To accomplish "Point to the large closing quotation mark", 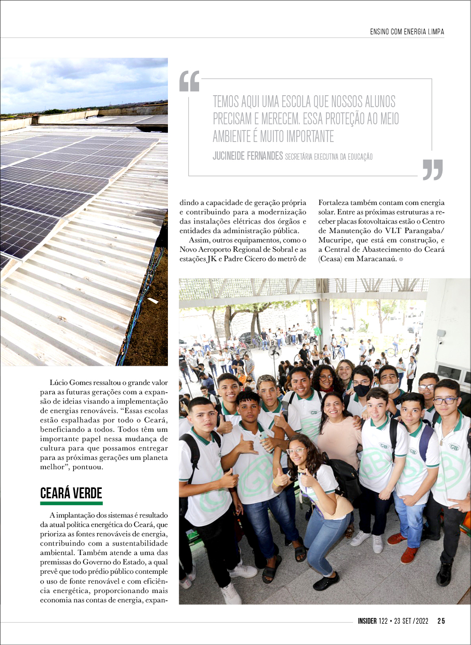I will coord(433,169).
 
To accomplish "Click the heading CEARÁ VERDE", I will coord(71,493).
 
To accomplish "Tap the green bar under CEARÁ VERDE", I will coord(71,504).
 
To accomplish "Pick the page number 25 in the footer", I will coord(441,621).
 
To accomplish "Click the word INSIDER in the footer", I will coord(370,621).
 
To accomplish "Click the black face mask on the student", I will coord(362,390).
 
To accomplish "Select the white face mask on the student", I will coord(389,388).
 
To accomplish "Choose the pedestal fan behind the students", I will coord(274,356).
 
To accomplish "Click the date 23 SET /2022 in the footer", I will coord(410,621).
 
